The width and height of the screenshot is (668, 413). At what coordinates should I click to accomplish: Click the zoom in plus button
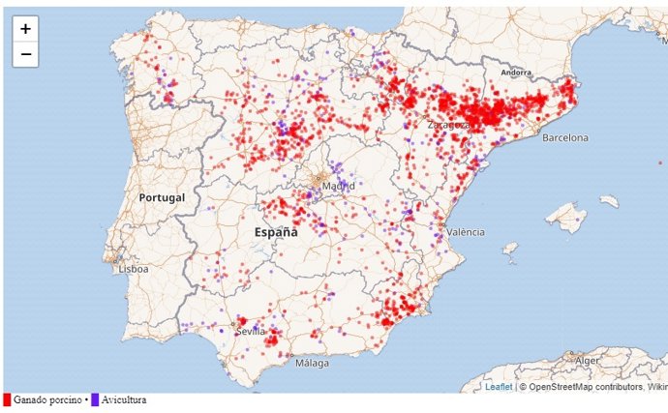point(25,29)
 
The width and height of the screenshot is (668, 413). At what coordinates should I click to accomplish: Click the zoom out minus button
point(25,54)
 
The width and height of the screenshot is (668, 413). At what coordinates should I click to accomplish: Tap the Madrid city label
point(337,186)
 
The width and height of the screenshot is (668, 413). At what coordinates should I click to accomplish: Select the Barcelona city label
point(565,138)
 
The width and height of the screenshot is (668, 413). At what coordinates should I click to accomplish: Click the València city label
point(466,232)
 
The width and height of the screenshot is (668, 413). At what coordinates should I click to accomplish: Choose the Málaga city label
point(312,364)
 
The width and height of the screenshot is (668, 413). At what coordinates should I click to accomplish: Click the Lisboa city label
point(133,270)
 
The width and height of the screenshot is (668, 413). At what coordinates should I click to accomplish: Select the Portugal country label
point(161,197)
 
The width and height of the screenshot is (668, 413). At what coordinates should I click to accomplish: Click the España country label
point(276,233)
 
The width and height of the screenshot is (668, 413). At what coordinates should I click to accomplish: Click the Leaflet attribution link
point(499,387)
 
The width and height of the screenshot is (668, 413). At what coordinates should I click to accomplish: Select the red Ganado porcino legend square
point(7,400)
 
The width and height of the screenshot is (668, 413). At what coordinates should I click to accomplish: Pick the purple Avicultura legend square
point(95,400)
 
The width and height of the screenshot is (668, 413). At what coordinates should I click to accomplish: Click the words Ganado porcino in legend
point(47,400)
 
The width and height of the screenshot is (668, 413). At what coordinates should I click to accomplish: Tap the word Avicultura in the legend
point(124,400)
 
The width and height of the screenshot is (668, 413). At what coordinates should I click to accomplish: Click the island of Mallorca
point(565,216)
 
